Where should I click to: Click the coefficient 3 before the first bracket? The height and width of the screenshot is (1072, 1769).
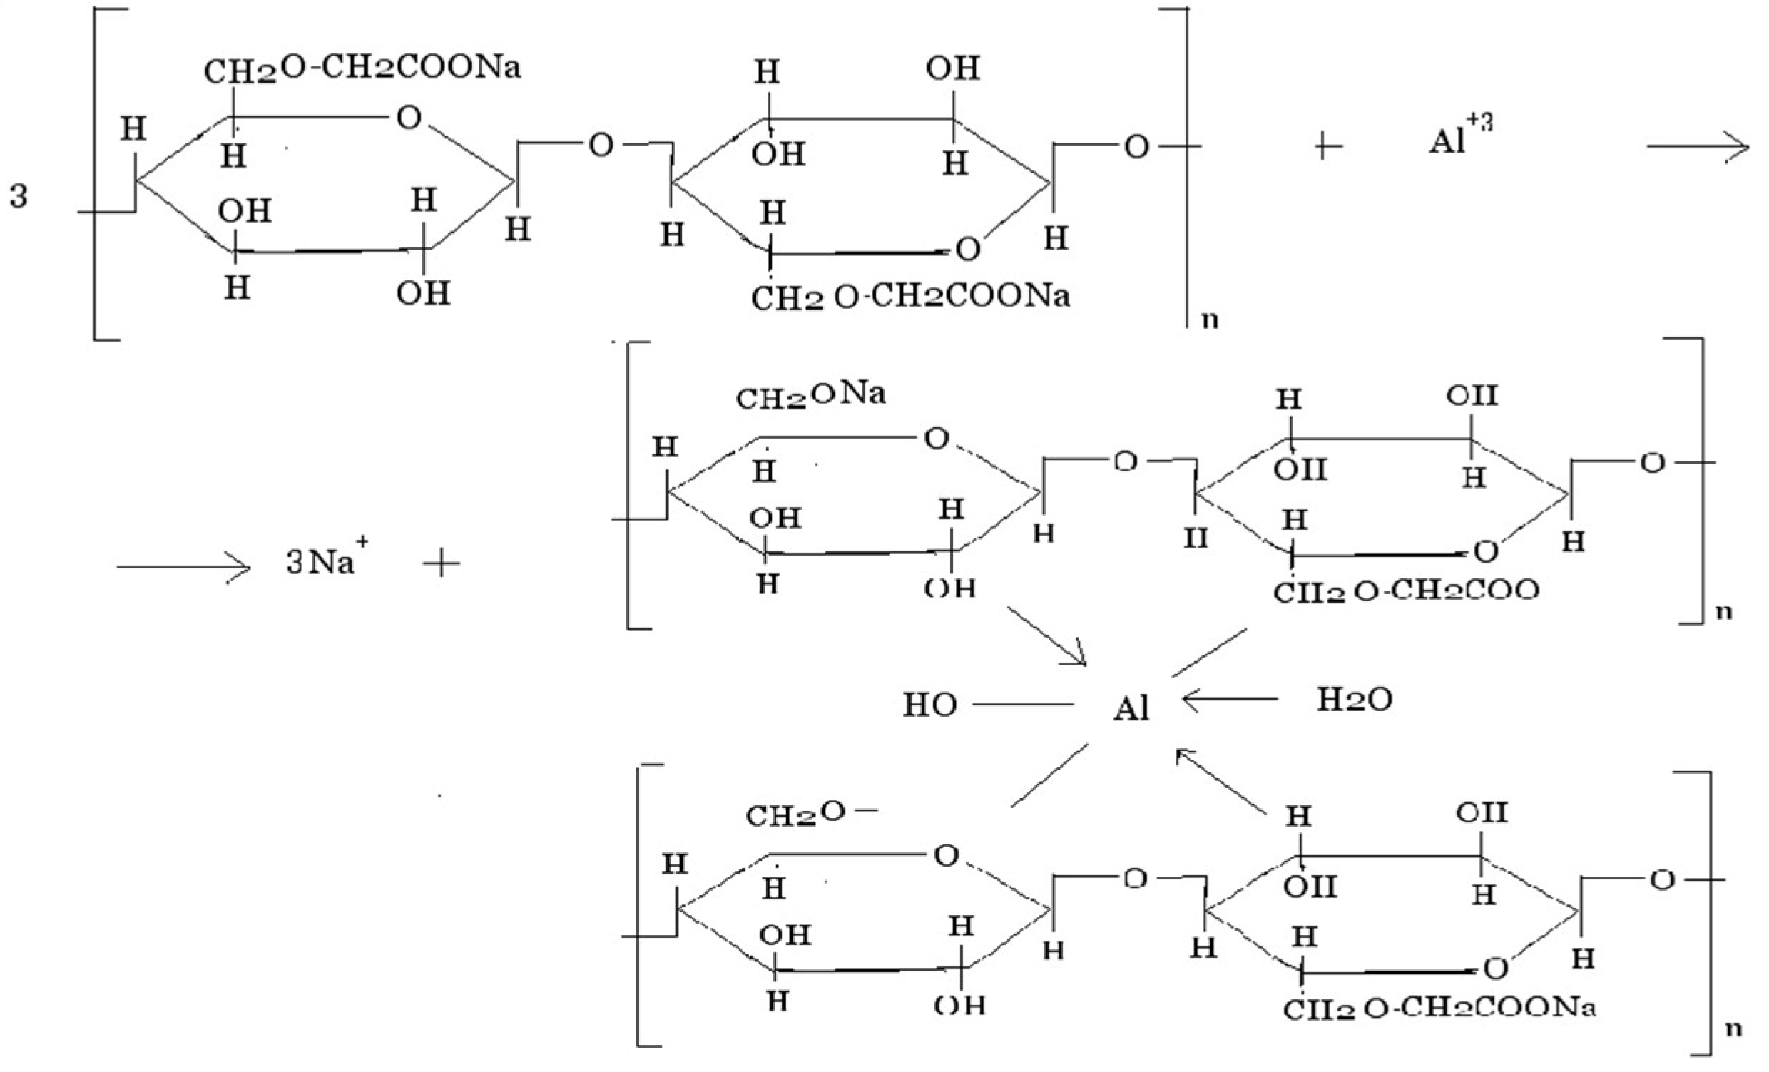click(x=19, y=195)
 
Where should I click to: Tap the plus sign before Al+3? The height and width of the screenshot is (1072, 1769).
click(x=1327, y=146)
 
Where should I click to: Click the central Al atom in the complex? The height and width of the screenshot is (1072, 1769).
click(x=1131, y=709)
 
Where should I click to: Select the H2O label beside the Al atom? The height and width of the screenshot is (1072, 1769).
click(x=1354, y=700)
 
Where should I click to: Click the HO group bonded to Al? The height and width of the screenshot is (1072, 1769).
click(x=929, y=705)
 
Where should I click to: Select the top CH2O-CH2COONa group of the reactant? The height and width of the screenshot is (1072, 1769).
click(x=362, y=70)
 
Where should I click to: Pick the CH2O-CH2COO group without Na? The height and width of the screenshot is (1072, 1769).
click(x=1407, y=592)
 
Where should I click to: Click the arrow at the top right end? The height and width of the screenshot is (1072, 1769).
click(x=1697, y=147)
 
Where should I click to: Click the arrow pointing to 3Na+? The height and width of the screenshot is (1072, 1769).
click(x=184, y=567)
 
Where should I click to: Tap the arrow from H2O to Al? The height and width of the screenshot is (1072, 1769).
click(x=1229, y=698)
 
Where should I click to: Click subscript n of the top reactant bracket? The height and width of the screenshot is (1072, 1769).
click(x=1210, y=319)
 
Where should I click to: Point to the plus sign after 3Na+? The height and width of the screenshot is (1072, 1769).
click(x=442, y=564)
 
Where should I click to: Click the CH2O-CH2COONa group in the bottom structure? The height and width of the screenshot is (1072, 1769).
click(x=1439, y=1009)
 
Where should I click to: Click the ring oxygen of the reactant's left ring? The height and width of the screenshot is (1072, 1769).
click(x=409, y=117)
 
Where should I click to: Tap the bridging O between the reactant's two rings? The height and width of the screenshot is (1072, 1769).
click(x=601, y=146)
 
